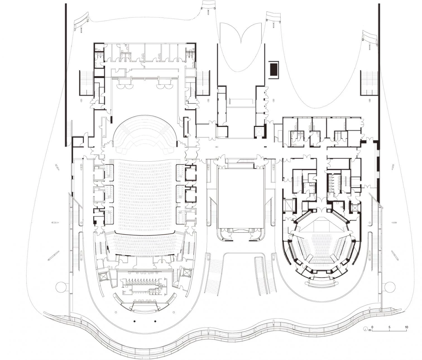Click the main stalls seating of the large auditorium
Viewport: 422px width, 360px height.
pos(145,194)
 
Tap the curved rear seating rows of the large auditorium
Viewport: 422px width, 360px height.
pos(145,244)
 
